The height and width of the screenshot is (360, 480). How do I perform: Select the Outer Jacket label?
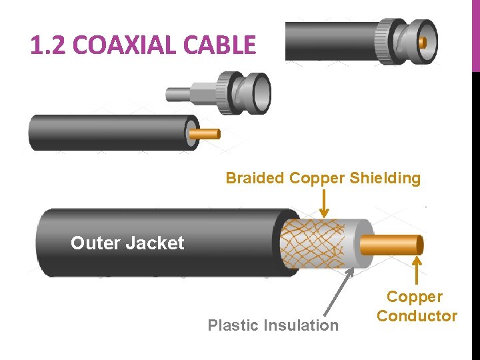click(x=127, y=243)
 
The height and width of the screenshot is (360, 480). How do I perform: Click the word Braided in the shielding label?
click(x=255, y=178)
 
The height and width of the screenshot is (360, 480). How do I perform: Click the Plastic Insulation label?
click(x=273, y=325)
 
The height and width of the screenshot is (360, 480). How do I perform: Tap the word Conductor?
click(x=417, y=316)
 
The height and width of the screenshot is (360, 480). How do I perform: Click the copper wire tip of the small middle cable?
click(x=209, y=134)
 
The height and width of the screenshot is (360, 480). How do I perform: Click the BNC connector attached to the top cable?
click(x=407, y=41)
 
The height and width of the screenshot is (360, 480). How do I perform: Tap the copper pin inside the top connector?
click(x=422, y=42)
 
